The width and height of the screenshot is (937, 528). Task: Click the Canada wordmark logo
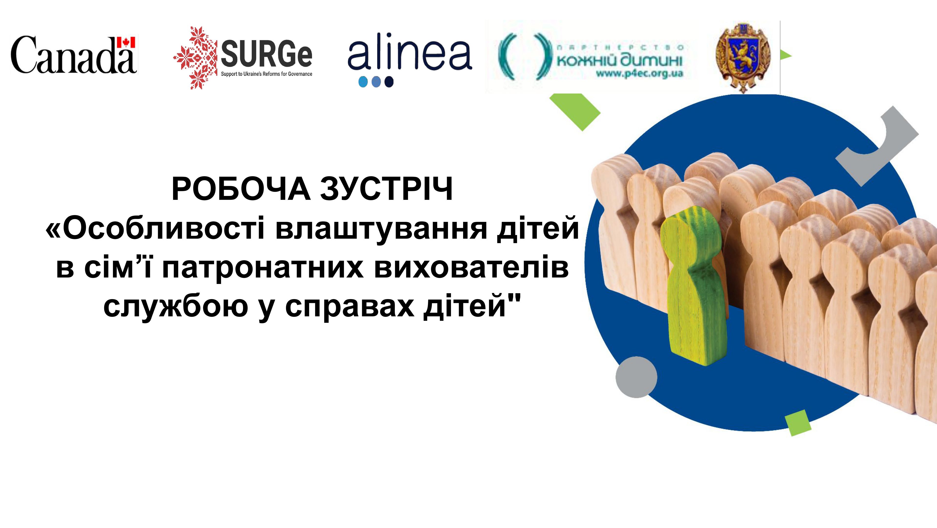[74, 55]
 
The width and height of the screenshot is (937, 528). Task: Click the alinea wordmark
[410, 55]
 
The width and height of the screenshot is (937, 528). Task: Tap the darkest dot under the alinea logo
[389, 82]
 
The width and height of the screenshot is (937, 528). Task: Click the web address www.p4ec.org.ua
[639, 74]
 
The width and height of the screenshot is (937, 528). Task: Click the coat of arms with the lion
[743, 57]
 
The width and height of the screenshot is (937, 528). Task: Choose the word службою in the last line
[176, 307]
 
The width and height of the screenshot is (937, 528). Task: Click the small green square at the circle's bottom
[798, 423]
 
